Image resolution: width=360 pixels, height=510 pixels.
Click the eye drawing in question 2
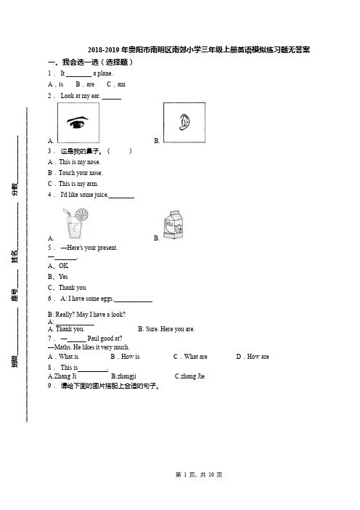(x=78, y=122)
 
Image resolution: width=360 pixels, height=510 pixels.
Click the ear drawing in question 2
(x=184, y=122)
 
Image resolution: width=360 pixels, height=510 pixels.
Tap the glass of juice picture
(x=76, y=224)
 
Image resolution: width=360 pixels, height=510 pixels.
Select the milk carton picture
(x=173, y=224)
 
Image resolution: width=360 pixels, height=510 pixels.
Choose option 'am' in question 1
(x=121, y=84)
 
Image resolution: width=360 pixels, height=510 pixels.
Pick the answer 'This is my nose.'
(x=80, y=162)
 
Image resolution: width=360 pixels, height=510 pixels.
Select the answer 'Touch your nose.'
(x=81, y=173)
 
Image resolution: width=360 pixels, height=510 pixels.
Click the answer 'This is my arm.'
(x=78, y=184)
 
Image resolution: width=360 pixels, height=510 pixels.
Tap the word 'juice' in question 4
(x=100, y=195)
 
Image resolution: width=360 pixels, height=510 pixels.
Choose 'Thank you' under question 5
(x=72, y=288)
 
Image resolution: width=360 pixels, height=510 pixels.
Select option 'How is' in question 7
(x=130, y=357)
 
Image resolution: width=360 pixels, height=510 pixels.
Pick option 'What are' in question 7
(x=195, y=357)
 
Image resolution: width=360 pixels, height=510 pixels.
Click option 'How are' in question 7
(x=258, y=357)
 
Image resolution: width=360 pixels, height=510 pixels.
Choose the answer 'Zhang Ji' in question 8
(x=65, y=376)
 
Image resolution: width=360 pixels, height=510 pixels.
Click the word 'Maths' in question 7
(x=62, y=347)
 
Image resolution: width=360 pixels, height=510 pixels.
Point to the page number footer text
(x=199, y=475)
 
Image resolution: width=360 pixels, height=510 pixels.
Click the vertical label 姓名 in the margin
(x=15, y=256)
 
